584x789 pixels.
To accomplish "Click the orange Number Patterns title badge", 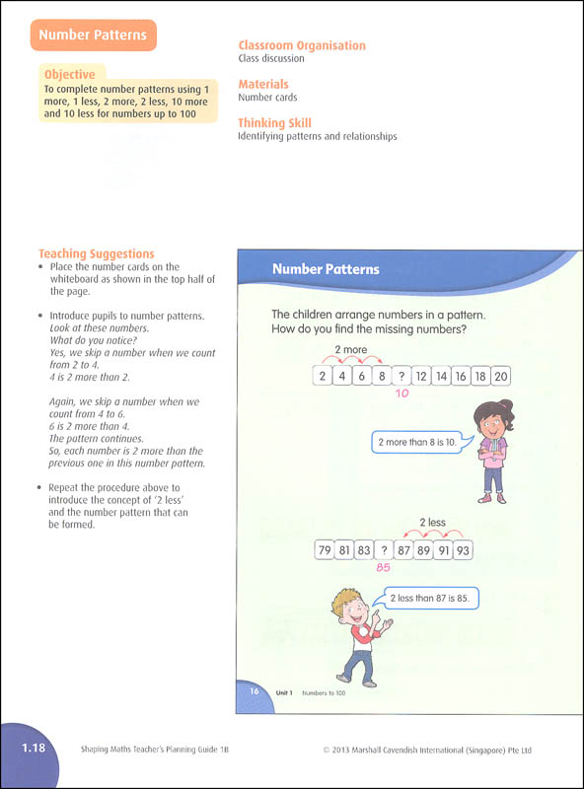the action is point(93,36).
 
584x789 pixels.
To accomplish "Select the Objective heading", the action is point(69,75).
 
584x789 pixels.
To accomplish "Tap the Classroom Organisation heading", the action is point(302,45).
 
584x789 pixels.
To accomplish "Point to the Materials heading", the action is point(263,84).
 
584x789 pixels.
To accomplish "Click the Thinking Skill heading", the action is point(275,122).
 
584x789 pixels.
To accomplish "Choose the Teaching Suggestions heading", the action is point(97,253).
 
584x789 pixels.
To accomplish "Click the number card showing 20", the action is point(501,377).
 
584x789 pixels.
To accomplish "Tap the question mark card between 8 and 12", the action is point(401,377).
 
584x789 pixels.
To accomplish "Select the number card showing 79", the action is point(325,550).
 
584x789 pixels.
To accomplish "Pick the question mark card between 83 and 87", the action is point(384,550).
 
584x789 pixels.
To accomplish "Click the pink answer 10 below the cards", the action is point(401,394).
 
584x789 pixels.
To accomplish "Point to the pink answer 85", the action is point(383,568).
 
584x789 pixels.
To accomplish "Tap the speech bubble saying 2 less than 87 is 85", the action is point(428,599).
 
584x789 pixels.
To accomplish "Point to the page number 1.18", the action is point(34,748).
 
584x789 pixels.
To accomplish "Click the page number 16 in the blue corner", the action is point(255,691).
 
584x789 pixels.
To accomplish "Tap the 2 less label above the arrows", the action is point(433,523).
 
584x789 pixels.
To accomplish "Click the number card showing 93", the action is point(464,550).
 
